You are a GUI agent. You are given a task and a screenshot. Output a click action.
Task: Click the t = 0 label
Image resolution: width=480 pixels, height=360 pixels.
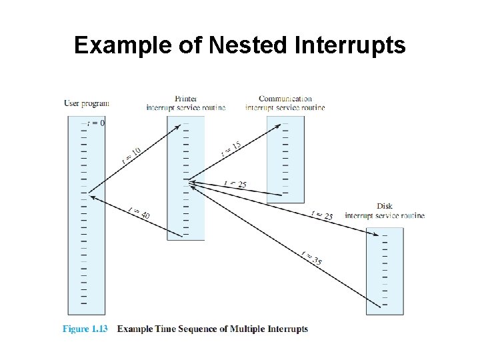coord(97,123)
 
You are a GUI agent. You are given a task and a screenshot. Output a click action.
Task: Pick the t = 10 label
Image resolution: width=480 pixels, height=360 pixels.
coord(131,156)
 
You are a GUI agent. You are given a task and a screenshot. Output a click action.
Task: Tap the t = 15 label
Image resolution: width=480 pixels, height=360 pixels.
coord(231,149)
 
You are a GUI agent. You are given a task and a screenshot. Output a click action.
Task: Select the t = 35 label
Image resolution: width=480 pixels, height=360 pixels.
coord(311,258)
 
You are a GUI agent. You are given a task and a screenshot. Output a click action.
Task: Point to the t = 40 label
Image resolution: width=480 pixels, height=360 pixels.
coord(139,213)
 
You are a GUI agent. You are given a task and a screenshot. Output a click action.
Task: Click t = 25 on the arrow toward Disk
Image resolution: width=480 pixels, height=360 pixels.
coord(322,215)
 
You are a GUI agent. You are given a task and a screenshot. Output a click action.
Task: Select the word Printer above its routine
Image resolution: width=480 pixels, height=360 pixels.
coord(185,99)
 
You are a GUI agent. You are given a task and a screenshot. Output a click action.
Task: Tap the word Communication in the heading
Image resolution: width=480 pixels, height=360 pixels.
coord(285,99)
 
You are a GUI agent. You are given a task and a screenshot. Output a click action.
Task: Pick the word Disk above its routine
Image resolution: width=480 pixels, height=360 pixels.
coord(385,207)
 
